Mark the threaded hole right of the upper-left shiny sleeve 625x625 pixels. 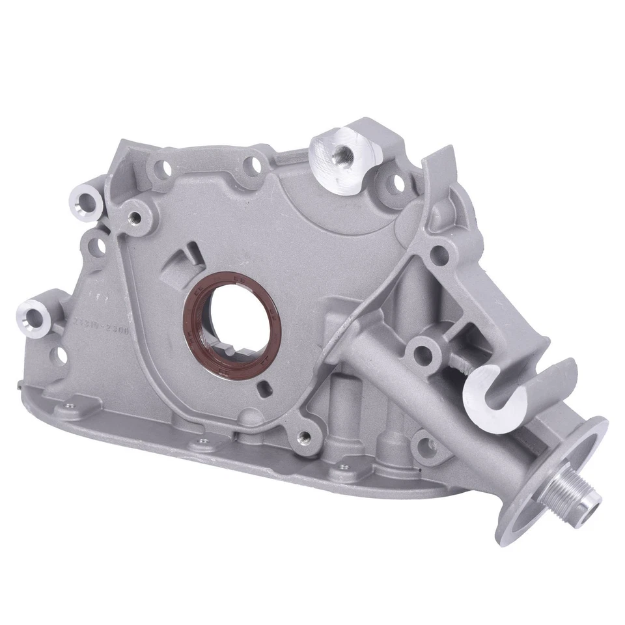coord(135,214)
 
